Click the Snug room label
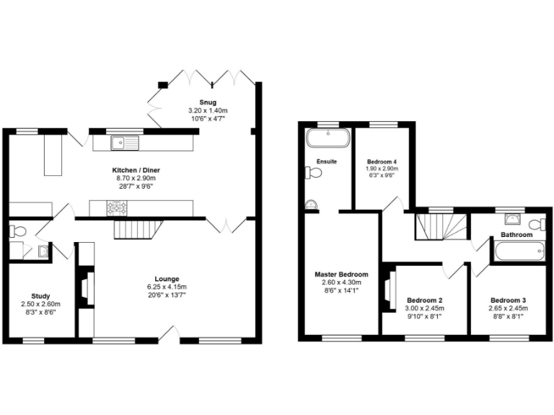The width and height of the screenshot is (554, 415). tap(208, 102)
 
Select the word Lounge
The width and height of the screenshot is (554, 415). tap(167, 279)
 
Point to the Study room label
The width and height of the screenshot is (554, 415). tap(40, 295)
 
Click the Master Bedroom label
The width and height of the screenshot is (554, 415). tap(341, 275)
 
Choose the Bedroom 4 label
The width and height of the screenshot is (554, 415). tap(382, 161)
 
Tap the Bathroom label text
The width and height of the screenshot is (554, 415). tap(516, 235)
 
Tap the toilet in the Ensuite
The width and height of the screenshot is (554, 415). tap(312, 172)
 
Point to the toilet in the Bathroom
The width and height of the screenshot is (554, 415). tap(538, 224)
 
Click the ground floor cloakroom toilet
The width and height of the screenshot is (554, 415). tap(18, 231)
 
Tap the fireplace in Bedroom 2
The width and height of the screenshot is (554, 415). tap(390, 288)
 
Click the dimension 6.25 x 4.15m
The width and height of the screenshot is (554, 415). tap(167, 286)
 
